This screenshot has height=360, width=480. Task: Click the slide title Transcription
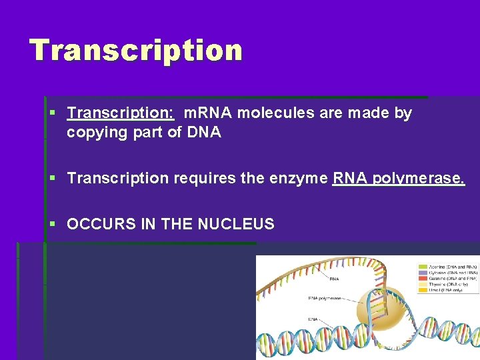136,51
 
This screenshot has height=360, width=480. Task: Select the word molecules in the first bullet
275,113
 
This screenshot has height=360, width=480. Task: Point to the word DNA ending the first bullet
204,132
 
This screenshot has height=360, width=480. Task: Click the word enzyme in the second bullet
295,179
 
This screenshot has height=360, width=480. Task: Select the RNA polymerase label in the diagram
325,299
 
